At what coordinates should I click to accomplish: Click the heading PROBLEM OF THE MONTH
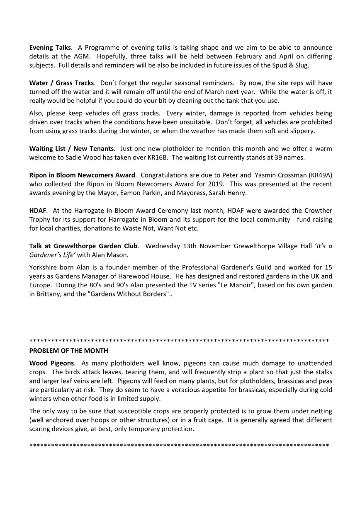pos(69,351)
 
